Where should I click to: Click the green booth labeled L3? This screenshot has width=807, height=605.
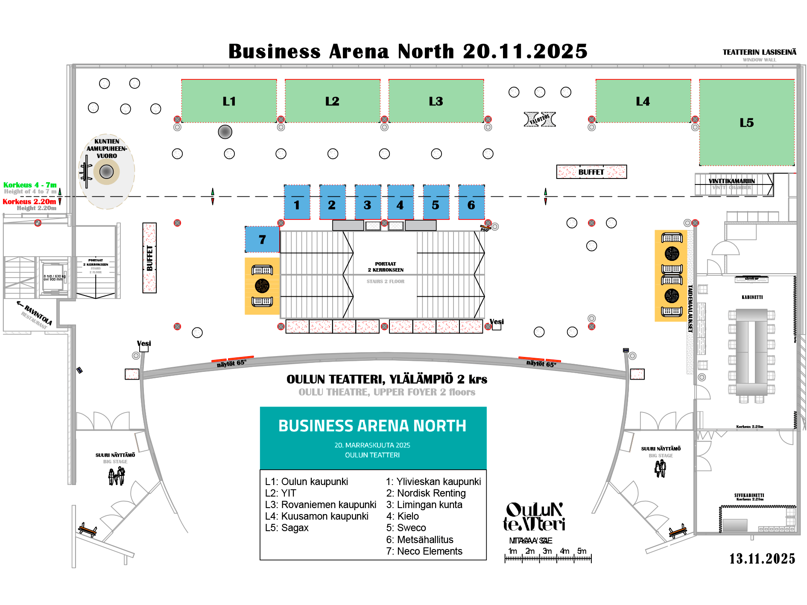point(436,101)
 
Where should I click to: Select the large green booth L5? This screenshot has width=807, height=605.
point(747,123)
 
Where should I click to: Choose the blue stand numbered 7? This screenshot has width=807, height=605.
point(262,240)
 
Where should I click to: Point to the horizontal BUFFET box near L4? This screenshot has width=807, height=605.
point(591,172)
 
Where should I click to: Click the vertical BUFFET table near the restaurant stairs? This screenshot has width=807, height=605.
point(149,258)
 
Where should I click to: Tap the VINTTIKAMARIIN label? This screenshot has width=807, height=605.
point(731,181)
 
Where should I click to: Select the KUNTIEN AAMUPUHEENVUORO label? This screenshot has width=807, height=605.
point(107,149)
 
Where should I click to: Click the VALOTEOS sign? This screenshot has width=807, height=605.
point(540,119)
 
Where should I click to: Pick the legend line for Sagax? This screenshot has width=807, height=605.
point(287,528)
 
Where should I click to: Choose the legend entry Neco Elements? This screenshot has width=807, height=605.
point(424,551)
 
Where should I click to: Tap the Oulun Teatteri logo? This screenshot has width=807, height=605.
point(534,517)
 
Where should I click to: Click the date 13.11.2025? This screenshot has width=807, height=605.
point(762,558)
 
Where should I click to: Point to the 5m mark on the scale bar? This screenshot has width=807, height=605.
point(582,551)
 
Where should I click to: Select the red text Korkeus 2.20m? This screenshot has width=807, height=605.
point(29,202)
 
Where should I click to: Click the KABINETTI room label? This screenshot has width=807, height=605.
point(752,297)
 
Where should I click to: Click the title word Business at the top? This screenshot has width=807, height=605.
point(274,51)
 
